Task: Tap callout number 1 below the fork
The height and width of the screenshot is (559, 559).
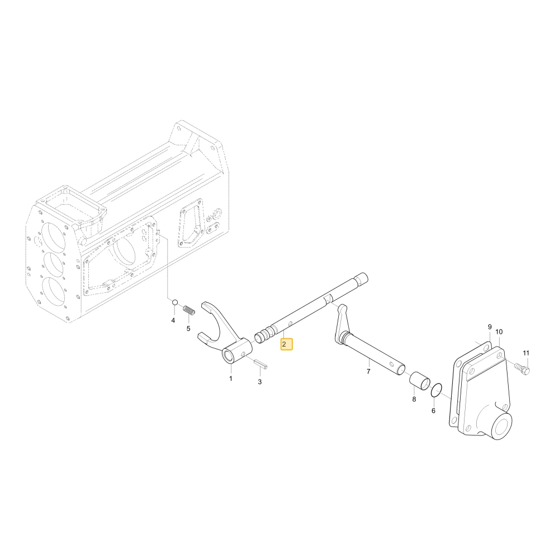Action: (231, 378)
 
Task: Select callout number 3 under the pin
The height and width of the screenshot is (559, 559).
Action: (259, 381)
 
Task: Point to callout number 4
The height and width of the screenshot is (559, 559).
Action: (173, 320)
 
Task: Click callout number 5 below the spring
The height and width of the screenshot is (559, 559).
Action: (188, 328)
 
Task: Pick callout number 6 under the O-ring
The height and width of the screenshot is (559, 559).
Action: (433, 411)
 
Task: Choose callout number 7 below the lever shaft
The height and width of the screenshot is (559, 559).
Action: (368, 372)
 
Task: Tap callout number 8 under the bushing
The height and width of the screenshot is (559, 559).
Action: (414, 399)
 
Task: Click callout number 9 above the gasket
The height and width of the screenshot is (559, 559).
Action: (490, 327)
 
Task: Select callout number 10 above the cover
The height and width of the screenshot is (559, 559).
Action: (499, 332)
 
